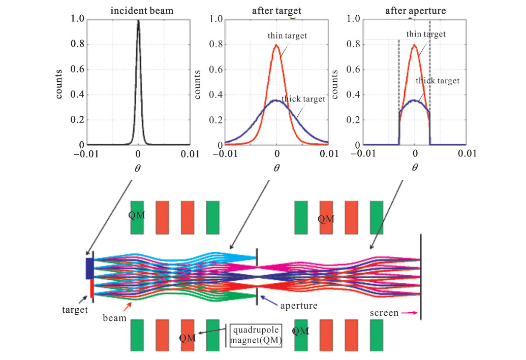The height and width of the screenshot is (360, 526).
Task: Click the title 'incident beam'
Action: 142,11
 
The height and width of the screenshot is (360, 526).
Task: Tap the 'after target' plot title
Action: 277,11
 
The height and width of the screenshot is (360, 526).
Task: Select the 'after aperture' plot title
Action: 415,11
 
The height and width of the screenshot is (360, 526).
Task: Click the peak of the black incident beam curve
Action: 138,20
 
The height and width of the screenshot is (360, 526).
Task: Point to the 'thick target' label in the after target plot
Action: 303,99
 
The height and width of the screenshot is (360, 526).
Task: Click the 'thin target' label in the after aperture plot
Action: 426,34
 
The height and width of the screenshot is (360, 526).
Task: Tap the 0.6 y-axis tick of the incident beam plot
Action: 77,69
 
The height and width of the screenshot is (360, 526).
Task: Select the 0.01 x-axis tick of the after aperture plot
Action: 467,153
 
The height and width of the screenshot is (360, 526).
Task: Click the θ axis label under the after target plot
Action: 276,168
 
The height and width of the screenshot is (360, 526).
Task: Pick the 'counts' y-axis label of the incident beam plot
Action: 59,84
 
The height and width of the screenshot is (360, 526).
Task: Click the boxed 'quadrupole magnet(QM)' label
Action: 256,335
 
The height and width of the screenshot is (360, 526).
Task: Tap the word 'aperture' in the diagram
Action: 299,306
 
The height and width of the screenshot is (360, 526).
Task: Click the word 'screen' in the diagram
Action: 384,313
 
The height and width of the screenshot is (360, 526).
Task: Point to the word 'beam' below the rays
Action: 114,318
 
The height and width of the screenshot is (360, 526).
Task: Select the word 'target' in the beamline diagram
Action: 75,309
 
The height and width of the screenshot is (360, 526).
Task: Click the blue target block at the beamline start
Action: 89,269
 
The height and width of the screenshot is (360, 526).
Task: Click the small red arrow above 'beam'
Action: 127,306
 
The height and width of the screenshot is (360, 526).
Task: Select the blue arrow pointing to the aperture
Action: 269,301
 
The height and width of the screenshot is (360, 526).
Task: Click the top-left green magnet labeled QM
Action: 137,217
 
